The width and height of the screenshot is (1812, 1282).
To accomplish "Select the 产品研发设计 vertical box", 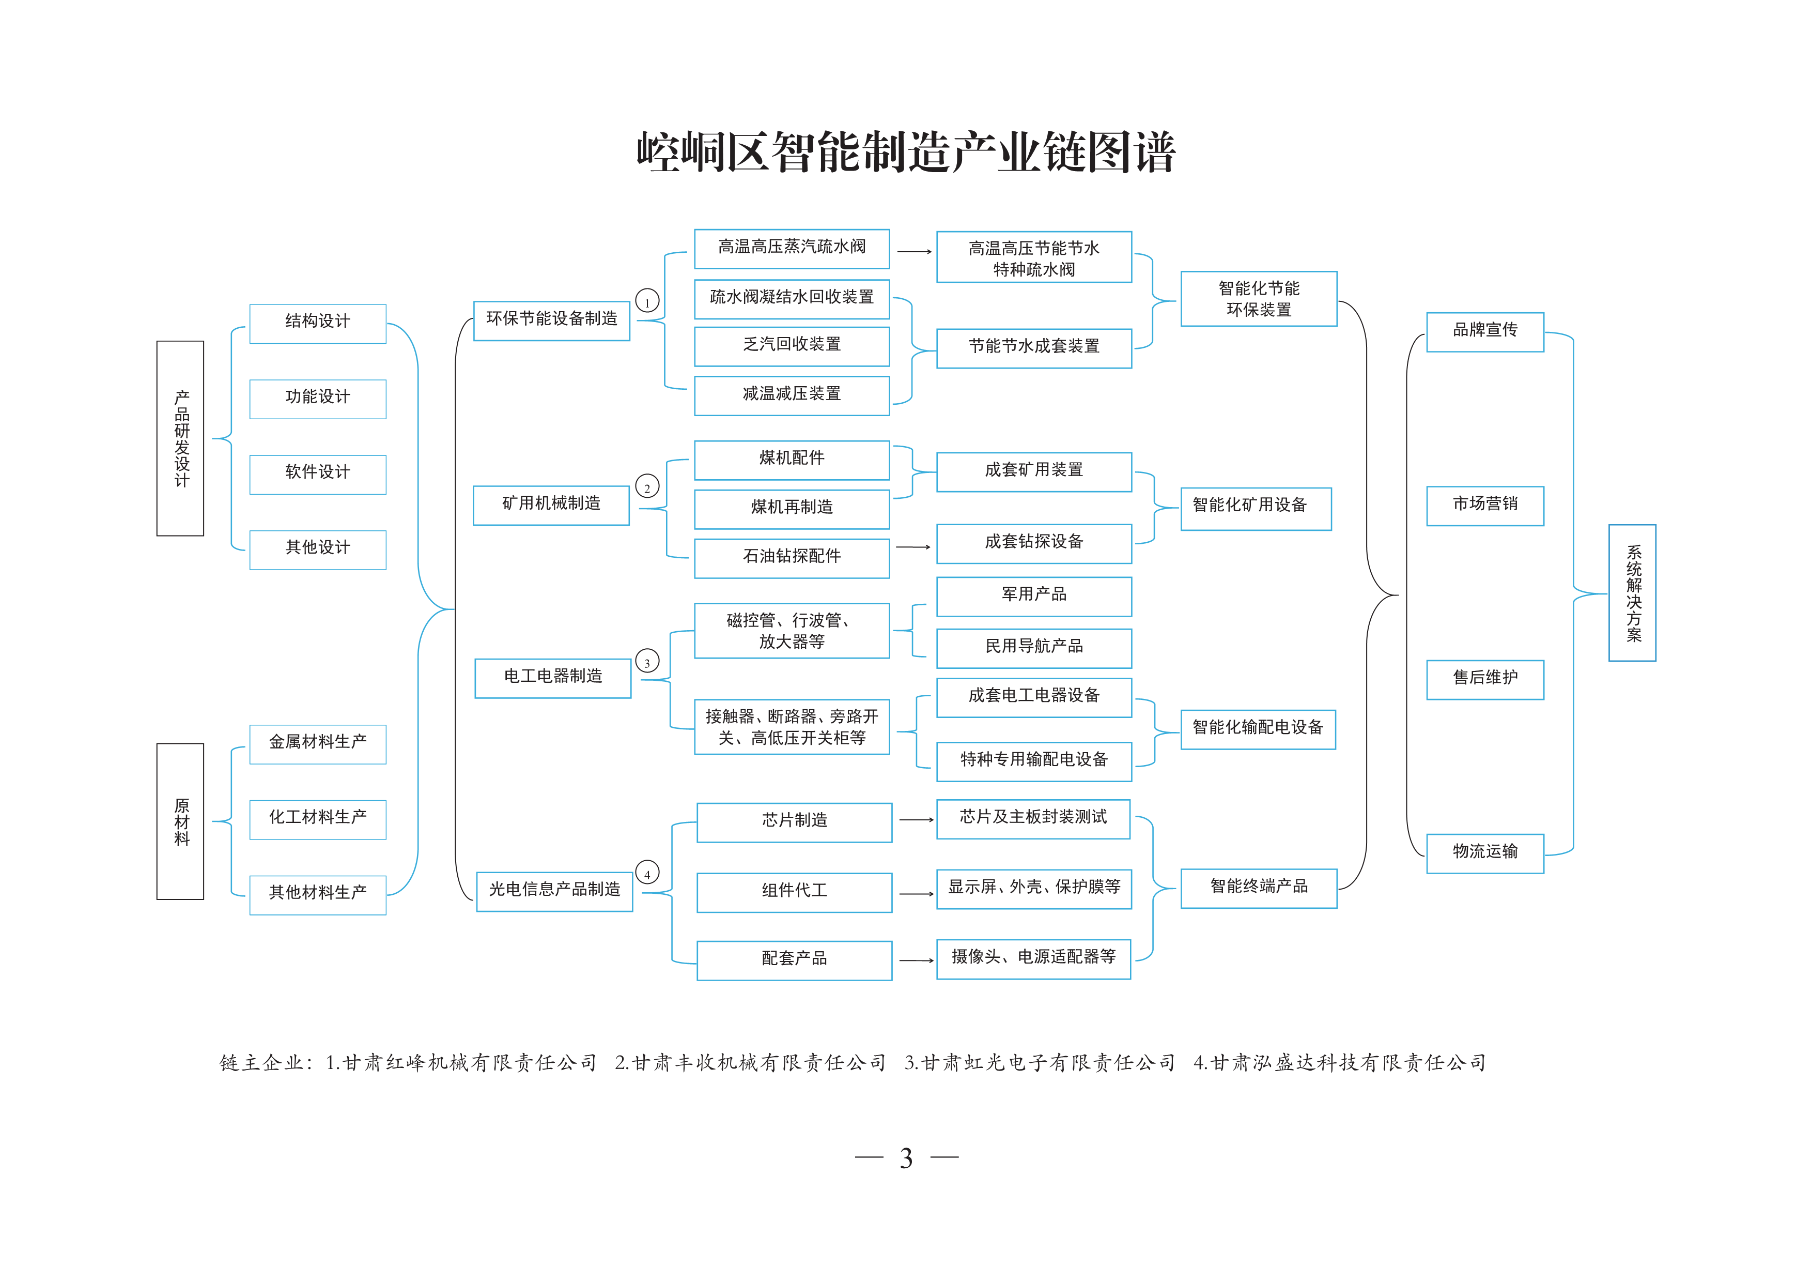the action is [x=180, y=438].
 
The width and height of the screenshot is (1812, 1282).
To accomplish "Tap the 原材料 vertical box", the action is [x=180, y=821].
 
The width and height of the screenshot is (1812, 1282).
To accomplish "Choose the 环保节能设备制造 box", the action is [x=552, y=320].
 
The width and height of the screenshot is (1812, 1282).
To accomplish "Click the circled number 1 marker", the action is [x=647, y=301].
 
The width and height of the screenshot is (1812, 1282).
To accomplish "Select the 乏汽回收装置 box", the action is [x=792, y=346].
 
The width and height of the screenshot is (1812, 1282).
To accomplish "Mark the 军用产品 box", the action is [x=1034, y=596].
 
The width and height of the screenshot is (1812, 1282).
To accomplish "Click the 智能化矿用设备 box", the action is [x=1256, y=508].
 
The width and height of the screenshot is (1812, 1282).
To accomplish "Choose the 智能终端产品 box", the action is [x=1259, y=888].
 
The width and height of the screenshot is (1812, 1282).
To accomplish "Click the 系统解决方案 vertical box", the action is [x=1632, y=593].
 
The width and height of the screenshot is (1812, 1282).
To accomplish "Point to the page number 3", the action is [x=906, y=1158].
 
